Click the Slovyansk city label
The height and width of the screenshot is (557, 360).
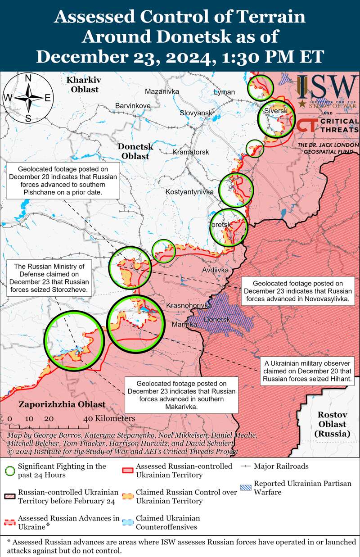[196, 113]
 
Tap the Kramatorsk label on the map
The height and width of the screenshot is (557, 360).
[191, 152]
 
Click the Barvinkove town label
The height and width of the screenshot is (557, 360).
[133, 105]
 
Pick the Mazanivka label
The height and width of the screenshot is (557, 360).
[162, 92]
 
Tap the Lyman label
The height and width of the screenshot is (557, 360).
[224, 92]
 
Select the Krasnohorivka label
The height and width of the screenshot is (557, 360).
[189, 306]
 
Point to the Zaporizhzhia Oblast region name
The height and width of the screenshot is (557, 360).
[62, 404]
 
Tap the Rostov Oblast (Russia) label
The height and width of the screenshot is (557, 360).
[332, 424]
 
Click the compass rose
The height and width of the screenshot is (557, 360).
[28, 98]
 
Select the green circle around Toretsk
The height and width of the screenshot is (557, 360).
[229, 227]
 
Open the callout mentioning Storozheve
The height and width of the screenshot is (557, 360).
[49, 277]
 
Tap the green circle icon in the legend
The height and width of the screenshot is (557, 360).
[9, 471]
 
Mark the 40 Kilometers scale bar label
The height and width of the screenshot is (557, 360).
[109, 419]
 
